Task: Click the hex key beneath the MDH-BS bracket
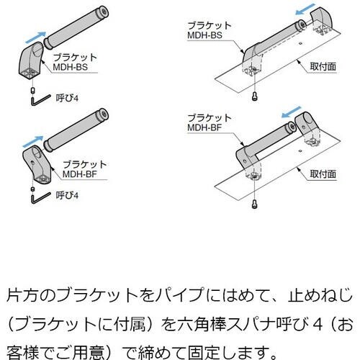[x=40, y=100]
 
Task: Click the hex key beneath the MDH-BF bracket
[x=40, y=197]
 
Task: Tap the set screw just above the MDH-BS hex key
[x=33, y=91]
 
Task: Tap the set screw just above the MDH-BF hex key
[x=33, y=189]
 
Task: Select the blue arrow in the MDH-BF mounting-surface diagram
[x=292, y=112]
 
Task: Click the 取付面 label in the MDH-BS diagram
[x=323, y=67]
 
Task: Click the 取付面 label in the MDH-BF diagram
[x=323, y=174]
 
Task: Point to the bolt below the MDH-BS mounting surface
[x=254, y=96]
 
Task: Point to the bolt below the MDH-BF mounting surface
[x=254, y=204]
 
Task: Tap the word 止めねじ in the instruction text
[x=320, y=295]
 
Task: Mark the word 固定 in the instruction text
[x=204, y=352]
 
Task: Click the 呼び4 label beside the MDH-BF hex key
[x=67, y=196]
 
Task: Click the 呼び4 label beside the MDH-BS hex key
[x=67, y=98]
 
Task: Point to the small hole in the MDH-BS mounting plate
[x=300, y=43]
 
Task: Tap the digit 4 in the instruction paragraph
[x=318, y=325]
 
